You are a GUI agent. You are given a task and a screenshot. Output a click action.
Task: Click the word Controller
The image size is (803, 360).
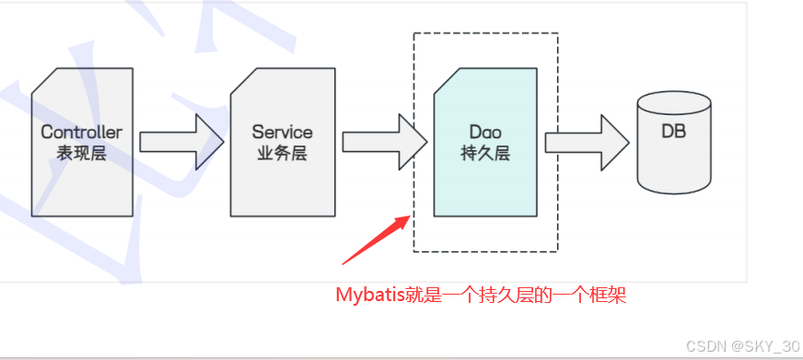click(x=81, y=133)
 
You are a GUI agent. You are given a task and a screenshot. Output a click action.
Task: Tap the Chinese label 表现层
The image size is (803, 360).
click(x=81, y=153)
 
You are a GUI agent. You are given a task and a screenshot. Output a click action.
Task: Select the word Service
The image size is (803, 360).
click(x=282, y=133)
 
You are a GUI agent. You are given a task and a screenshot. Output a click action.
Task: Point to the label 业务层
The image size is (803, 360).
click(x=282, y=153)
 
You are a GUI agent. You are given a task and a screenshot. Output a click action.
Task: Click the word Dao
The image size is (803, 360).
click(x=484, y=133)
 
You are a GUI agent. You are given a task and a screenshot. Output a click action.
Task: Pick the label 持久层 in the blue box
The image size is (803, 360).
click(x=484, y=153)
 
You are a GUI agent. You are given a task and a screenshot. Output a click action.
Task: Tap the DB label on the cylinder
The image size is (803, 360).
click(x=673, y=132)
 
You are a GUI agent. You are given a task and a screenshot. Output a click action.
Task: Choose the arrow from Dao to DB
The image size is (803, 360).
click(x=587, y=141)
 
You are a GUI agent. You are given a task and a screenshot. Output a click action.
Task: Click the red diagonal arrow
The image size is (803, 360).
click(x=373, y=238)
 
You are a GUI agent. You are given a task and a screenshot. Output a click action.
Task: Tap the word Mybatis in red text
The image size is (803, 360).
click(x=368, y=295)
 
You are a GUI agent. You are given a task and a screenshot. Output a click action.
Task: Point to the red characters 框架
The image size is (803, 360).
click(x=611, y=295)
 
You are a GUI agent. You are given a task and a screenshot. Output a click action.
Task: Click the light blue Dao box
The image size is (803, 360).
click(x=485, y=184)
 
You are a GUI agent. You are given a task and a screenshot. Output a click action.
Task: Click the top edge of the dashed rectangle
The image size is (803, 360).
click(x=485, y=33)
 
